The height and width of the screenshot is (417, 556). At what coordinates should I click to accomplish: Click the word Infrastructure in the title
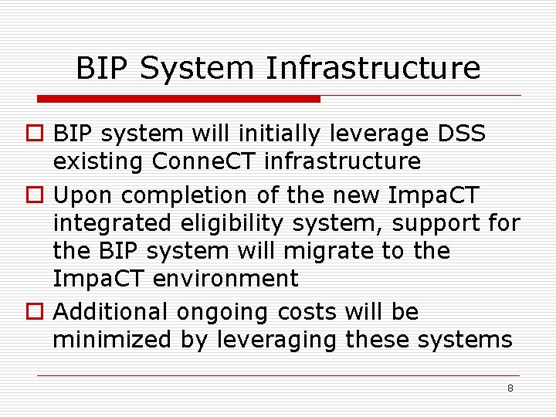(x=374, y=68)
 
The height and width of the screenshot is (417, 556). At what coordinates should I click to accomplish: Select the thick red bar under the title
(x=178, y=99)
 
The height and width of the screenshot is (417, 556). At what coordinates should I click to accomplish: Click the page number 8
(x=510, y=388)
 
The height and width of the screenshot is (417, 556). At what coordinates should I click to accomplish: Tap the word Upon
(x=84, y=195)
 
